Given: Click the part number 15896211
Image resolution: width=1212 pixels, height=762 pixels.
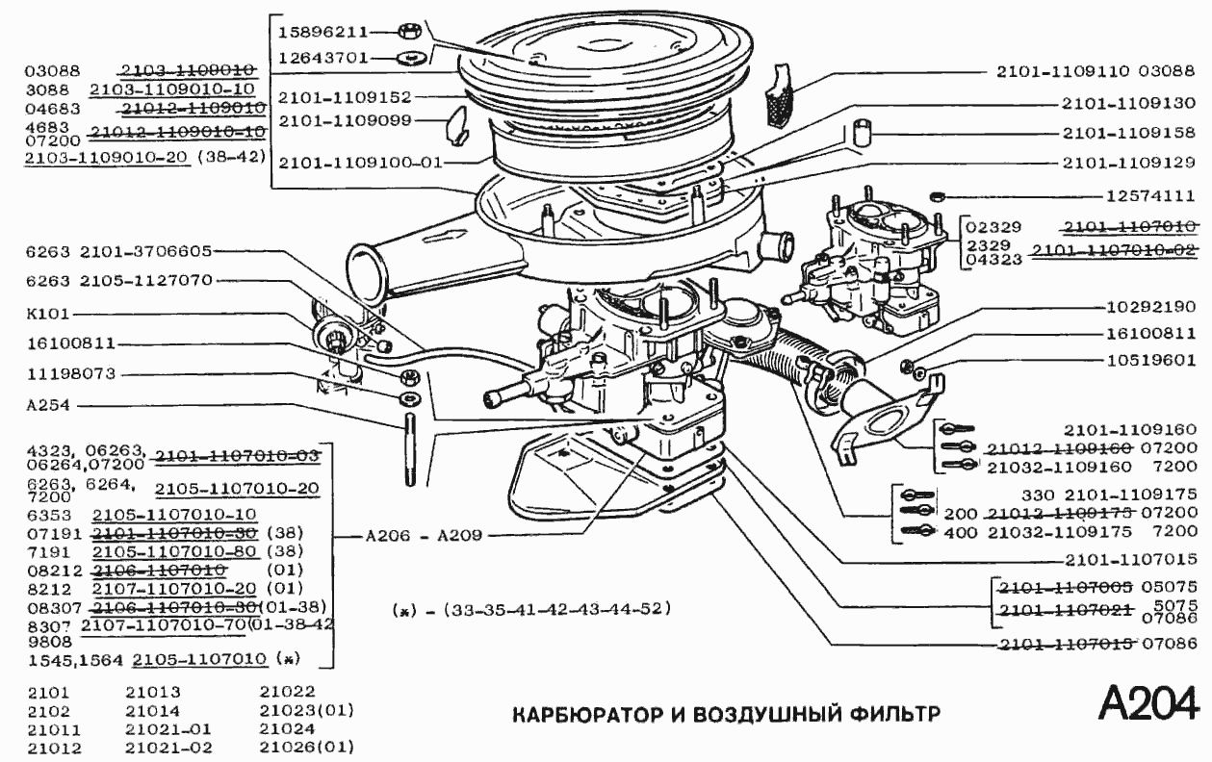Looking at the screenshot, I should click(322, 32).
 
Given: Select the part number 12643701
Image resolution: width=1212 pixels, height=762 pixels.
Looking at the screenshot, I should click(322, 58).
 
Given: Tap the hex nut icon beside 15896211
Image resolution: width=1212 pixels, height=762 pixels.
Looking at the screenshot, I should click(405, 32).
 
